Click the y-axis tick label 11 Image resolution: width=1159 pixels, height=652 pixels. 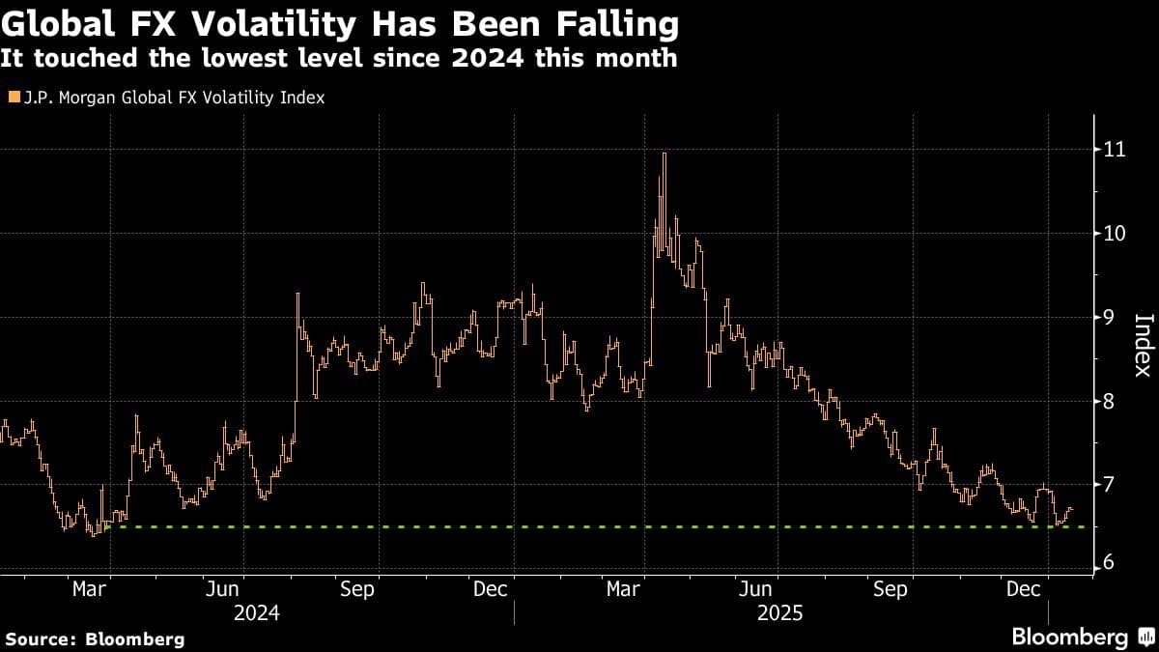coord(1114,150)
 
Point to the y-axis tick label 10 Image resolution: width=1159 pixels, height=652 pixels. coord(1114,233)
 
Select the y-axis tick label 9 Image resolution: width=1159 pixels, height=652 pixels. coord(1110,317)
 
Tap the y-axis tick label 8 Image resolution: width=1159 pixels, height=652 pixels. coord(1110,400)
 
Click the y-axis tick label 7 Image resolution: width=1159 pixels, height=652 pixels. coord(1110,483)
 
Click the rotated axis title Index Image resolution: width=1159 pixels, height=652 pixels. coord(1142,345)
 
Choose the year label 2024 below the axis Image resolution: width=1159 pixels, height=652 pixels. coord(257,612)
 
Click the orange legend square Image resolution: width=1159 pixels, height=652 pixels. coord(13,98)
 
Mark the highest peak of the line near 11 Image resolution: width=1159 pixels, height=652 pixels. coord(664,154)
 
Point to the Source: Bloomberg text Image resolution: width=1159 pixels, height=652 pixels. coord(94,638)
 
